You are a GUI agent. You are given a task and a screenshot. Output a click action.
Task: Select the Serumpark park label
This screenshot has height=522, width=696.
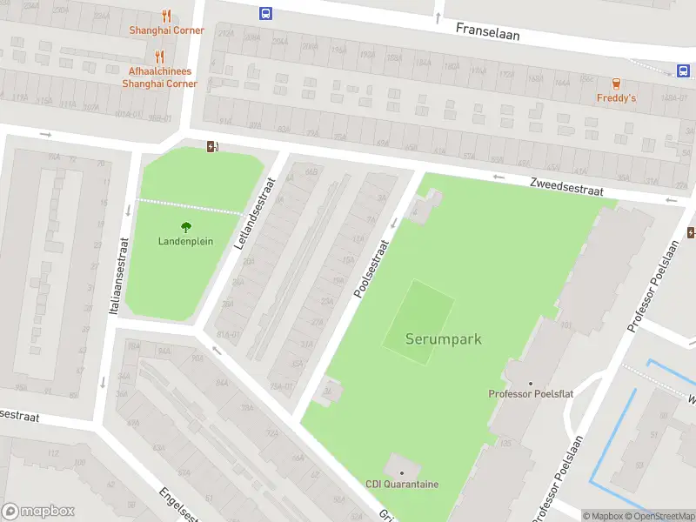coord(443,339)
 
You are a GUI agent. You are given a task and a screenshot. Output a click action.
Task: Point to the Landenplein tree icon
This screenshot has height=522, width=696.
coord(185,227)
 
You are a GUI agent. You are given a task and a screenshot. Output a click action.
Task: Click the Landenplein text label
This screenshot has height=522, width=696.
coord(185,241)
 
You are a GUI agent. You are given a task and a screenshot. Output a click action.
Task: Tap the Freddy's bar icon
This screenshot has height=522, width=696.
coord(616,84)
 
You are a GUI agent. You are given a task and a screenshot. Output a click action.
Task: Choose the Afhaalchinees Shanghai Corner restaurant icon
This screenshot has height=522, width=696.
coord(158,57)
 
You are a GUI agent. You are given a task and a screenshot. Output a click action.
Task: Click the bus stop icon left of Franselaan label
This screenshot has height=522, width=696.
coord(264,13)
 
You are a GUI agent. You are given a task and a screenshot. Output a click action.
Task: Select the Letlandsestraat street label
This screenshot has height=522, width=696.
coord(255,214)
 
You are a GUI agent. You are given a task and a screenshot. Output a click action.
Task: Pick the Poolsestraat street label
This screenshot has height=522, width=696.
coord(371,270)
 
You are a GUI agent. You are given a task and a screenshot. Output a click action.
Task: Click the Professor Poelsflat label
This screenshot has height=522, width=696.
coord(531,394)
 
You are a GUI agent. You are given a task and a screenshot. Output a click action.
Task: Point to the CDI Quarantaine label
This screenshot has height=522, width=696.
coord(401,485)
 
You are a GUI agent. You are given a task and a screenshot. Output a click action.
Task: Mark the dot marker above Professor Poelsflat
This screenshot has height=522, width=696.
coord(531,383)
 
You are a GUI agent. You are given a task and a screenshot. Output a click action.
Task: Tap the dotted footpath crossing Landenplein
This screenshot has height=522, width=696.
coord(191,206)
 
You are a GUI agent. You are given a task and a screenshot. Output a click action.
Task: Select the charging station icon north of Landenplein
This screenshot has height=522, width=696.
coord(211,146)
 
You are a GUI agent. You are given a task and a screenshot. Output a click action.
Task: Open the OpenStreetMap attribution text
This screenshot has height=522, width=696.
coord(659,517)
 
